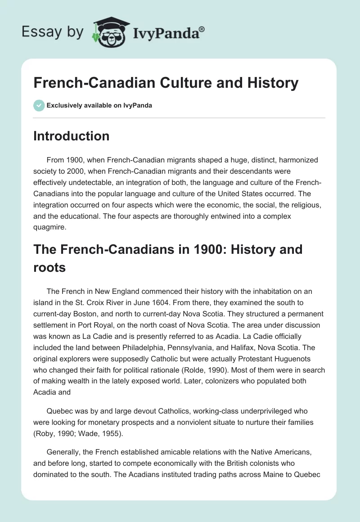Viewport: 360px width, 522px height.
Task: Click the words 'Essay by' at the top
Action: [53, 32]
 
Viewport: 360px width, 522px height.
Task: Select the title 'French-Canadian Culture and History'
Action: [166, 83]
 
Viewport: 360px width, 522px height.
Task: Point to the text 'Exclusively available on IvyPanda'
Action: [100, 105]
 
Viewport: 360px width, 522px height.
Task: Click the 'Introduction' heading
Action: [71, 136]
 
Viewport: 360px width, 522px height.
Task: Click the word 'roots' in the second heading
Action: [49, 268]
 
